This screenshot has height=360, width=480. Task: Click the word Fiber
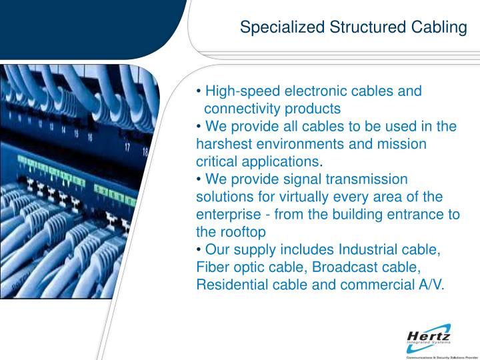point(213,267)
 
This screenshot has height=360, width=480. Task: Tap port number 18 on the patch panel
point(145,152)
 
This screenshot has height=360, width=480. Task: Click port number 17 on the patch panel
point(127,147)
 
